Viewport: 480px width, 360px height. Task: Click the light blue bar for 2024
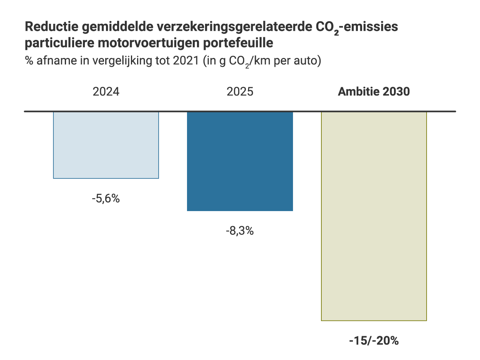(106, 145)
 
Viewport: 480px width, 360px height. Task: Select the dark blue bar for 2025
(240, 161)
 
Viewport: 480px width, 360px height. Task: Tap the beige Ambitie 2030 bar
(374, 216)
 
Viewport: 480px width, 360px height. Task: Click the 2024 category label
(106, 92)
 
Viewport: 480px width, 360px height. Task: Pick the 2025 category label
(240, 92)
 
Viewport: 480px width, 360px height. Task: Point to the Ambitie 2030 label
(374, 92)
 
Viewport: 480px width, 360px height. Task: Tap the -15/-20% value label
(374, 341)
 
